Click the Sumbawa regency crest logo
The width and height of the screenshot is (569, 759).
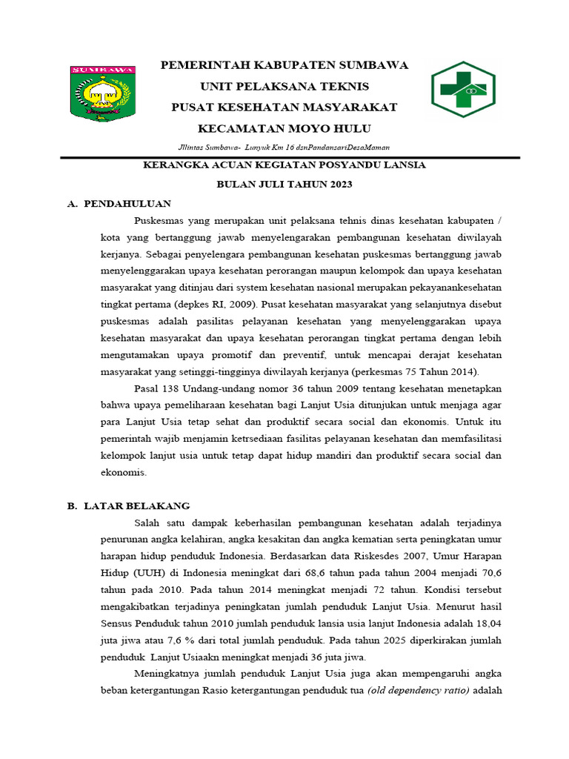click(x=102, y=93)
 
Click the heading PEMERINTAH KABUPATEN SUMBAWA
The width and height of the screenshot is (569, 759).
click(x=284, y=65)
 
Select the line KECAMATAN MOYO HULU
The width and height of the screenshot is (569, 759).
click(x=284, y=127)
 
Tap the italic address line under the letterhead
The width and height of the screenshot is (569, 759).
click(x=284, y=147)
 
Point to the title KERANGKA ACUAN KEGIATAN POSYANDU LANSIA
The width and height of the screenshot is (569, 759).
click(x=284, y=165)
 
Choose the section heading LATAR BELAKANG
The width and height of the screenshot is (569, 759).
click(x=136, y=506)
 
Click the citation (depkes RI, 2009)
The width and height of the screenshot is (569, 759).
click(x=206, y=304)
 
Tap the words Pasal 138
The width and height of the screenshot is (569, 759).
click(x=156, y=388)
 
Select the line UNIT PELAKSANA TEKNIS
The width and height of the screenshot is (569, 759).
click(x=284, y=86)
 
